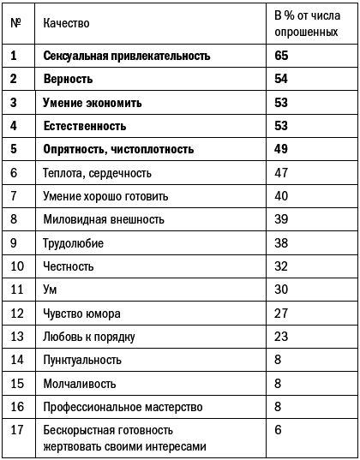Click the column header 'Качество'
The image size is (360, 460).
coord(66,22)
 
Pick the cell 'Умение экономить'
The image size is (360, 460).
coord(93,103)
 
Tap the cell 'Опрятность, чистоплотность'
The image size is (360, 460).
coord(119,149)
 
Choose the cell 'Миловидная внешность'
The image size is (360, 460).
coord(104,219)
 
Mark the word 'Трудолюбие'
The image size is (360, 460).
coord(74,243)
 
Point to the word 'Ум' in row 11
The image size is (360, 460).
coord(50,290)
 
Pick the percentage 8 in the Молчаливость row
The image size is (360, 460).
coord(278,383)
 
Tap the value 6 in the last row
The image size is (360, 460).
coord(278,429)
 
